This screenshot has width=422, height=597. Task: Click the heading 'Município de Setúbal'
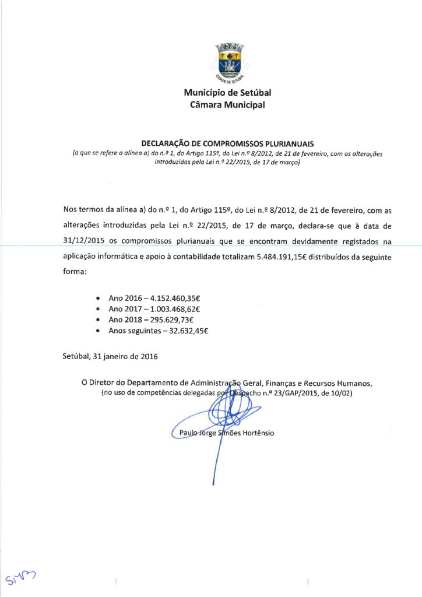(x=227, y=93)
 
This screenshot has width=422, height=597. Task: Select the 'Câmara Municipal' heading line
(x=227, y=105)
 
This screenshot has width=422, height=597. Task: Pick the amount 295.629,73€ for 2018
(x=174, y=320)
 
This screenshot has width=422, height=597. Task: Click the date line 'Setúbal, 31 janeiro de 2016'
(x=110, y=355)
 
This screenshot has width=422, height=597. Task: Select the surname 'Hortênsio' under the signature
(x=255, y=433)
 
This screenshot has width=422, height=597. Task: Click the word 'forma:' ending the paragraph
(x=75, y=273)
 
